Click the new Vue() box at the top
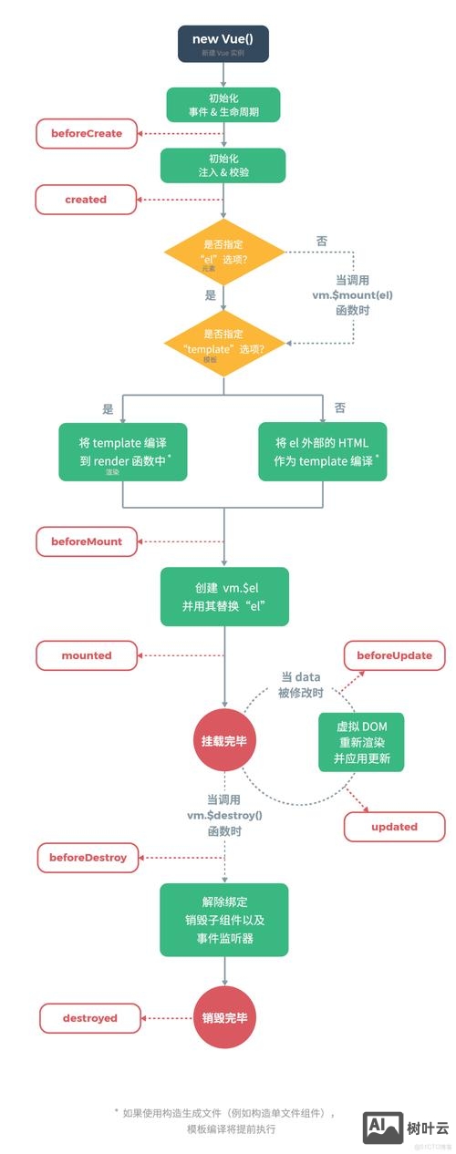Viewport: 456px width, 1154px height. pyautogui.click(x=223, y=44)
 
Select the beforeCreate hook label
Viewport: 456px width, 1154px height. pyautogui.click(x=86, y=133)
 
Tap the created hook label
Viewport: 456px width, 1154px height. pyautogui.click(x=86, y=199)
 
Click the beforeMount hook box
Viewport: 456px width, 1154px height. pyautogui.click(x=86, y=541)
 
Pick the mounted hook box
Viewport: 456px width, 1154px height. pyautogui.click(x=86, y=654)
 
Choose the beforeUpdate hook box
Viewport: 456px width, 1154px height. pyautogui.click(x=394, y=654)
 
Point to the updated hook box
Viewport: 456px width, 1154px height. pyautogui.click(x=394, y=826)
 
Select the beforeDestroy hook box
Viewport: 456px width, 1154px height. pyautogui.click(x=88, y=858)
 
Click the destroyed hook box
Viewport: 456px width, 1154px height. pyautogui.click(x=89, y=1017)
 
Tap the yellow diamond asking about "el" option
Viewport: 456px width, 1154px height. pyautogui.click(x=224, y=252)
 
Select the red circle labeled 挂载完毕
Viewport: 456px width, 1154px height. pyautogui.click(x=223, y=740)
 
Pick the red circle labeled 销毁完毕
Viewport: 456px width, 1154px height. pyautogui.click(x=223, y=1017)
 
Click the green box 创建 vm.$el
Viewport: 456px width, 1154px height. pyautogui.click(x=223, y=596)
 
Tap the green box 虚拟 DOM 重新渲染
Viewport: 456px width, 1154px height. pyautogui.click(x=360, y=740)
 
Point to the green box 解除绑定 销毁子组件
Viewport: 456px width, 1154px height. pyautogui.click(x=223, y=919)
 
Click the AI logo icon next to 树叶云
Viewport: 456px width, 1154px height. pyautogui.click(x=383, y=1127)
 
